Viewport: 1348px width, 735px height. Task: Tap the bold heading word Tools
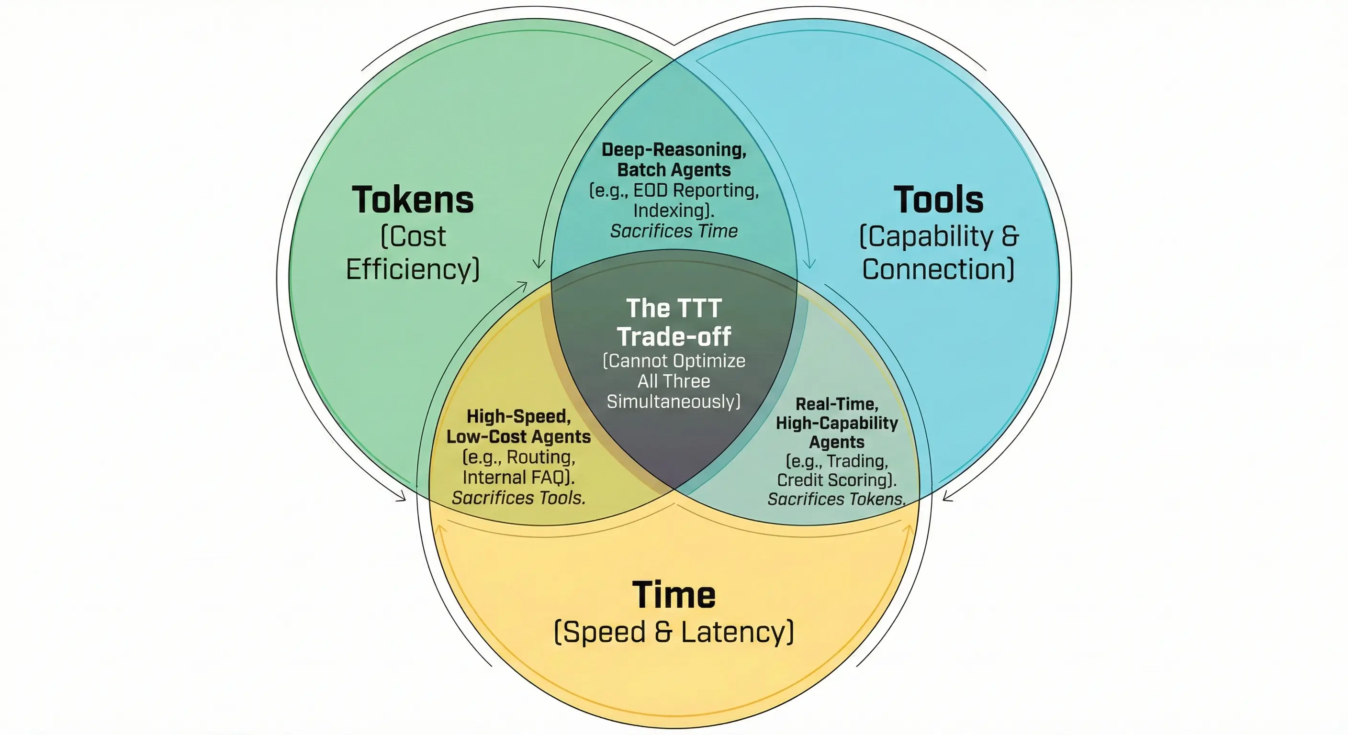pyautogui.click(x=938, y=200)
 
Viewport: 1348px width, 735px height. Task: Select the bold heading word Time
pyautogui.click(x=674, y=595)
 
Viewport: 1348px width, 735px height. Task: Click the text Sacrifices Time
pyautogui.click(x=674, y=231)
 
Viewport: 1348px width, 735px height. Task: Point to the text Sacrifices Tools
pyautogui.click(x=518, y=498)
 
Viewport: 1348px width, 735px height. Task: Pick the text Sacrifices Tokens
pyautogui.click(x=836, y=499)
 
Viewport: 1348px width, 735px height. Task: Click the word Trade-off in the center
pyautogui.click(x=674, y=336)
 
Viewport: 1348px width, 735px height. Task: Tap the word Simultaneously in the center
pyautogui.click(x=674, y=402)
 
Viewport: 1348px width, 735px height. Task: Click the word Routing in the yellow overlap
pyautogui.click(x=540, y=457)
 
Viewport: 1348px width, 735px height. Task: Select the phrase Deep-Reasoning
pyautogui.click(x=674, y=150)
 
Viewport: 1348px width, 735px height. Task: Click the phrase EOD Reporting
pyautogui.click(x=696, y=190)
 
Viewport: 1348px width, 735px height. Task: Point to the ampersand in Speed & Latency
pyautogui.click(x=663, y=632)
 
